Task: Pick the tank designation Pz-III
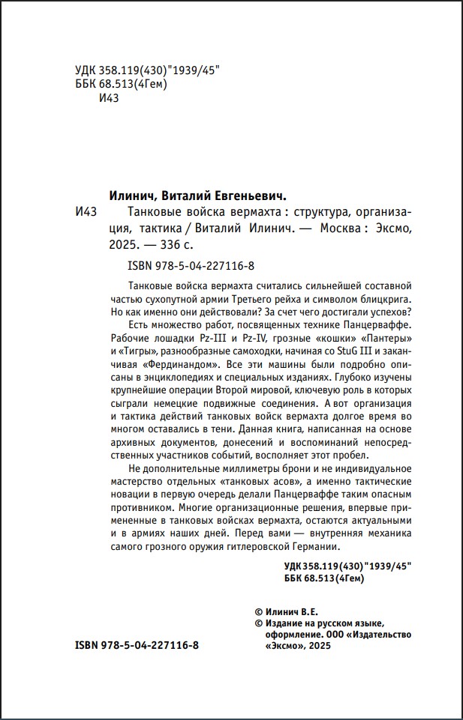tap(218, 339)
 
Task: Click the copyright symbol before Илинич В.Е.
tap(260, 612)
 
